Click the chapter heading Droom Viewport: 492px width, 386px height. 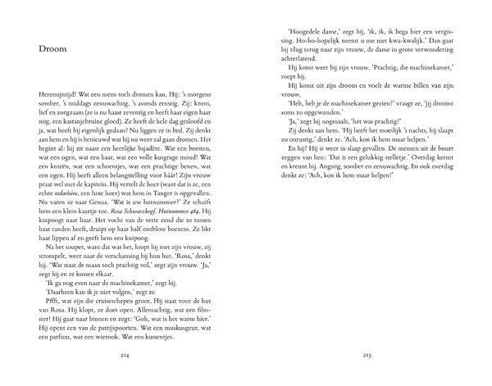point(52,49)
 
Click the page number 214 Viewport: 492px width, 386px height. point(126,379)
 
